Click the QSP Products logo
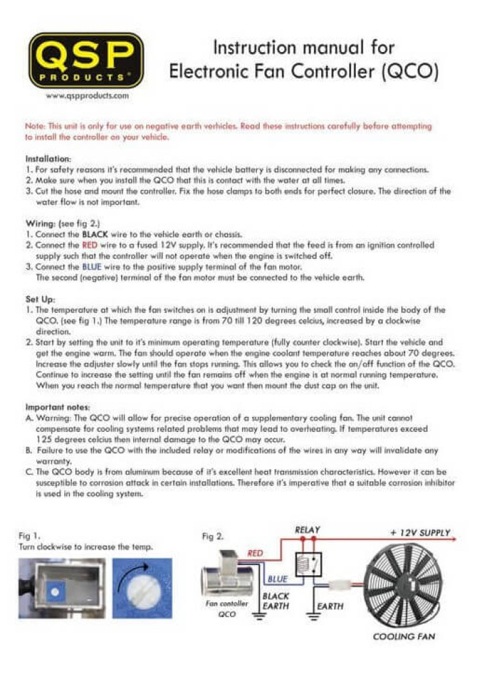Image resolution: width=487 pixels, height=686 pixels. tap(85, 61)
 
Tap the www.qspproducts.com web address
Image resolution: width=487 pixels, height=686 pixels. tap(87, 96)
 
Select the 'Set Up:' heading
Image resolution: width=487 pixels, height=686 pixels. tap(41, 299)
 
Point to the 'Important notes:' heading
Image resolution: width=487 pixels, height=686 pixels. tap(57, 408)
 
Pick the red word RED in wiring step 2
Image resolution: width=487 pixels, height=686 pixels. tap(91, 244)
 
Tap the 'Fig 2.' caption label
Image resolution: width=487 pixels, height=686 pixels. tap(213, 537)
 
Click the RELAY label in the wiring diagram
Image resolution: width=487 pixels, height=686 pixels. tap(308, 531)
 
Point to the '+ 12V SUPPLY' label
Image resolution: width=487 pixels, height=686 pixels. tap(420, 533)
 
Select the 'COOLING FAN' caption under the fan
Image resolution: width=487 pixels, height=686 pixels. tap(404, 637)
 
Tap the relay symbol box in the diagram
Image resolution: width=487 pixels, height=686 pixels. tap(308, 564)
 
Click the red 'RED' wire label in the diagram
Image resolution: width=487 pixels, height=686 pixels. tap(255, 554)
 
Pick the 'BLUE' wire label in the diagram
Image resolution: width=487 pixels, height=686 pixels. tap(277, 579)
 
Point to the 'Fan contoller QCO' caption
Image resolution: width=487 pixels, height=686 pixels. tap(227, 608)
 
